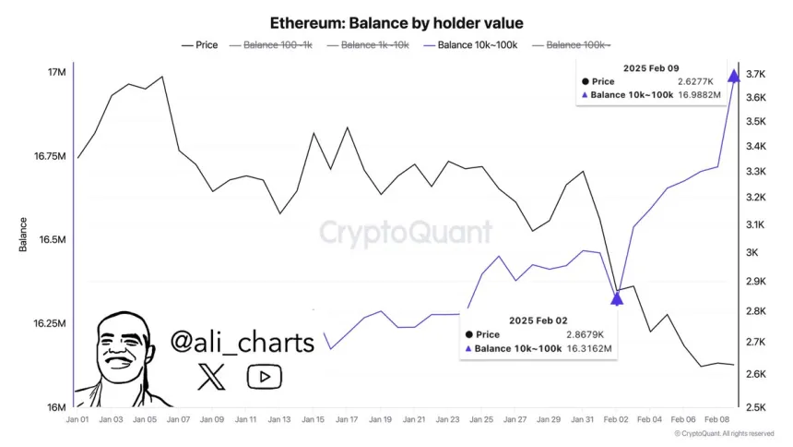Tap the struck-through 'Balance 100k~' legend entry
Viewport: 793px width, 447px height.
pyautogui.click(x=578, y=44)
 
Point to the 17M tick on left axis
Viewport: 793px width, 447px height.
pyautogui.click(x=55, y=73)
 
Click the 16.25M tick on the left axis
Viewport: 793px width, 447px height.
pyautogui.click(x=48, y=324)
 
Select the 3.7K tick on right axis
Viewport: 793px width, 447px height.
pyautogui.click(x=757, y=75)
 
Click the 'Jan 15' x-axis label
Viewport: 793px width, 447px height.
pyautogui.click(x=314, y=419)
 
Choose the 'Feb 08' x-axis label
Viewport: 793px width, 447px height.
pyautogui.click(x=716, y=419)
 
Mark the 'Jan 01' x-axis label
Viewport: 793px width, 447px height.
pyautogui.click(x=77, y=419)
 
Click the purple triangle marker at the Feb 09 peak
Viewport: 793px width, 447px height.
pyautogui.click(x=734, y=76)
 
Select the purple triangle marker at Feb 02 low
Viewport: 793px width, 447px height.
pyautogui.click(x=618, y=297)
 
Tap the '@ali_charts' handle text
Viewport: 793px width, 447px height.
pyautogui.click(x=242, y=343)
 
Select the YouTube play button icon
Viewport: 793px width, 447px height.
pyautogui.click(x=264, y=376)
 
